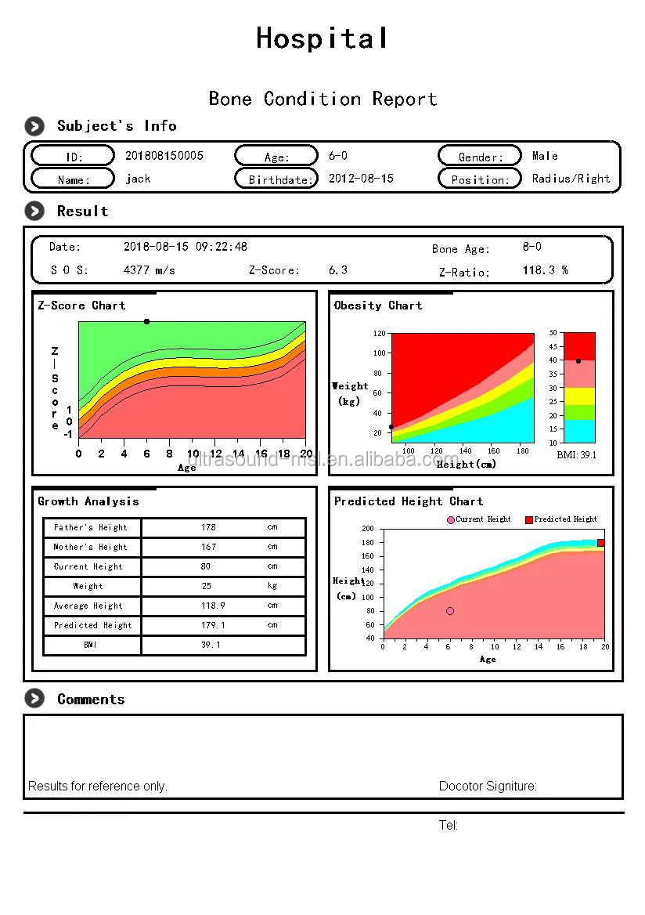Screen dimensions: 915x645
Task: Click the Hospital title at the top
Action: (x=322, y=38)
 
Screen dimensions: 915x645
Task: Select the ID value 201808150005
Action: (x=164, y=155)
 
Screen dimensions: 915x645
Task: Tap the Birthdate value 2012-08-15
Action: (x=361, y=178)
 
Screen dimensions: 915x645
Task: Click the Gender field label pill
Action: (x=480, y=156)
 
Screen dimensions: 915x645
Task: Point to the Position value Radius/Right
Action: (x=571, y=178)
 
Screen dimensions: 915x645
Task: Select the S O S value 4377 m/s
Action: (x=150, y=269)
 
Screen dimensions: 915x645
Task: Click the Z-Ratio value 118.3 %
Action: (x=545, y=270)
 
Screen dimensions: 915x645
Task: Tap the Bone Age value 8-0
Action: (x=531, y=247)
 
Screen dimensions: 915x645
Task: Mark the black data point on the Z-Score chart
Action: (x=146, y=321)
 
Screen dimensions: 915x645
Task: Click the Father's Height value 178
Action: (x=208, y=527)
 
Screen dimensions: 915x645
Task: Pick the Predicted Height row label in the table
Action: (x=92, y=625)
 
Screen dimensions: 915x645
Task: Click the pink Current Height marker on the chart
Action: (x=450, y=611)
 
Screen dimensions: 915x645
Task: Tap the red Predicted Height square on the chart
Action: (x=600, y=543)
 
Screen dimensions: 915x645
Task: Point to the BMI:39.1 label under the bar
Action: (x=576, y=454)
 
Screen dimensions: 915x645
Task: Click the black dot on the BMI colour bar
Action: (x=578, y=361)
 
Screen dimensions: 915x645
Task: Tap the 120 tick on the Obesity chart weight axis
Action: (x=380, y=333)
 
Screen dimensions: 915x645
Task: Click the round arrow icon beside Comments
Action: (x=34, y=699)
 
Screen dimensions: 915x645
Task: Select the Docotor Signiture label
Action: (x=488, y=786)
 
